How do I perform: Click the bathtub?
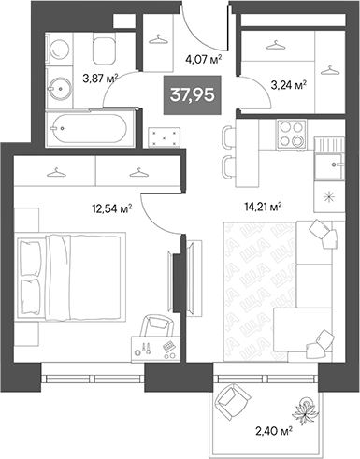click(x=86, y=124)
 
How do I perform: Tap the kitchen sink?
click(x=327, y=168)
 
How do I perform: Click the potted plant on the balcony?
click(x=307, y=405)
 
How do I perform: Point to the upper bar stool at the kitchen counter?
click(x=229, y=137)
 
